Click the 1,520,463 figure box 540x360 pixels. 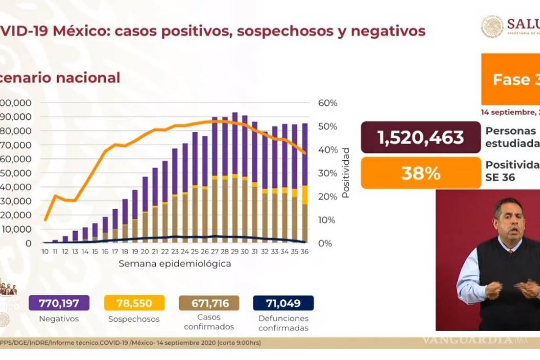click(421, 137)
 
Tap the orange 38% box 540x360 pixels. click(421, 173)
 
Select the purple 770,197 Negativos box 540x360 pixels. click(59, 303)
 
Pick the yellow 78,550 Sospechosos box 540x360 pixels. click(134, 303)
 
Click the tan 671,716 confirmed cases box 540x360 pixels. click(209, 303)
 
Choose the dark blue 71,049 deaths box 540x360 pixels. click(283, 303)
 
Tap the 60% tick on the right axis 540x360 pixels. click(328, 103)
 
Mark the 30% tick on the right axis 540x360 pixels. click(328, 173)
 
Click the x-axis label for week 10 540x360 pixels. click(45, 252)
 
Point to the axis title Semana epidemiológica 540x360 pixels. click(175, 264)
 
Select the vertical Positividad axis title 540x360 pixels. click(346, 172)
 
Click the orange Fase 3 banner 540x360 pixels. click(511, 80)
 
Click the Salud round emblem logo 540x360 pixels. click(492, 27)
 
